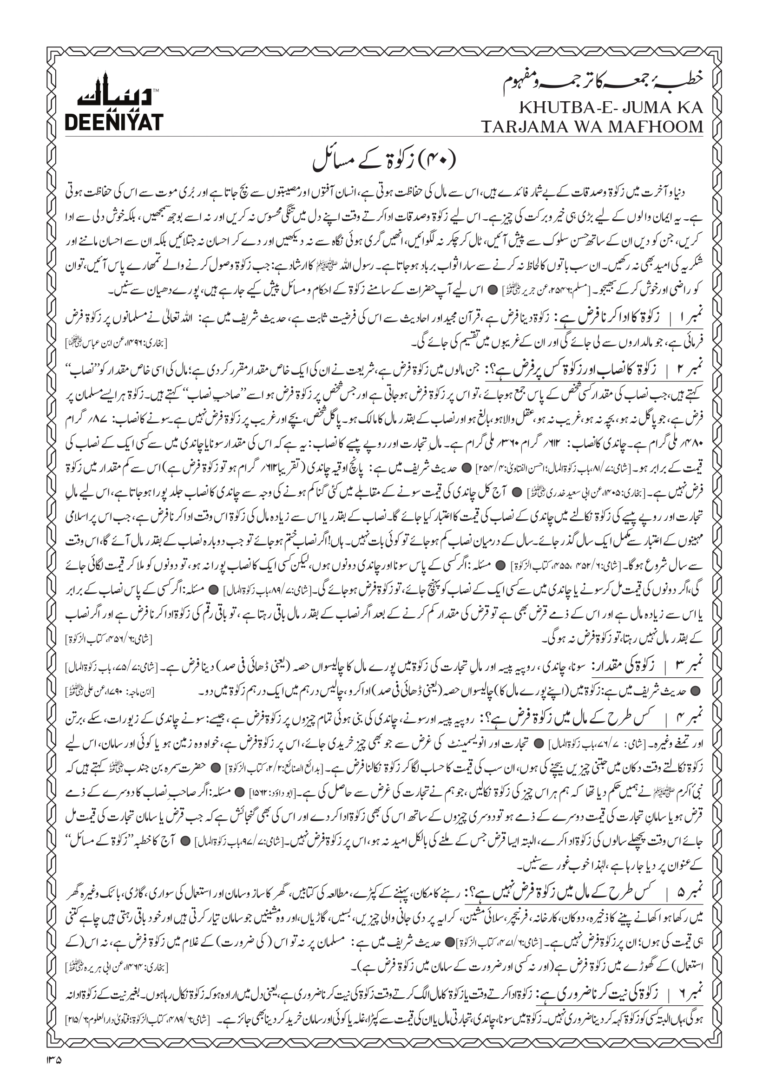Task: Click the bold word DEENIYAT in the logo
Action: coord(113,122)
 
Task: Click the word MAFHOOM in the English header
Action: coord(660,127)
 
